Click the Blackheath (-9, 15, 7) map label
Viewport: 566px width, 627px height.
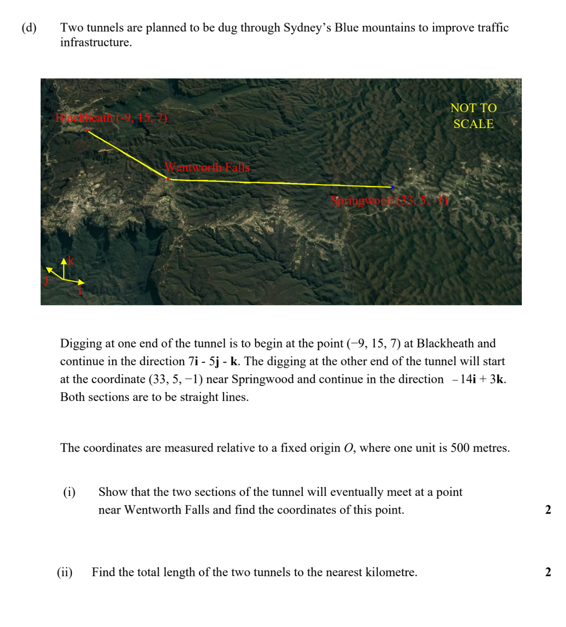pyautogui.click(x=111, y=118)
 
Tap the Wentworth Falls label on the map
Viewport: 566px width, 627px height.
pyautogui.click(x=207, y=167)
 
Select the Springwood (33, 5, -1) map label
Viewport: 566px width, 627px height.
pyautogui.click(x=389, y=200)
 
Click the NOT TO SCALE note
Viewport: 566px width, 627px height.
pyautogui.click(x=473, y=116)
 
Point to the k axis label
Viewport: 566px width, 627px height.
pyautogui.click(x=71, y=261)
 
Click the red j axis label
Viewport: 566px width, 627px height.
pyautogui.click(x=46, y=280)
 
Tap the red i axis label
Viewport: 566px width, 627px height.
pyautogui.click(x=80, y=291)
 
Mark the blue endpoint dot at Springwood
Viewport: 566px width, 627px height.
pyautogui.click(x=392, y=187)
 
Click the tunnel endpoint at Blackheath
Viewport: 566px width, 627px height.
pyautogui.click(x=87, y=130)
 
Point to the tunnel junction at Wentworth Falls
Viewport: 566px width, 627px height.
pyautogui.click(x=168, y=179)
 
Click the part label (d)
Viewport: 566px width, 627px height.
pyautogui.click(x=29, y=27)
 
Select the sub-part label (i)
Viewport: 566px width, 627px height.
pyautogui.click(x=69, y=492)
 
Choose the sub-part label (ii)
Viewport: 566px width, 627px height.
pyautogui.click(x=64, y=572)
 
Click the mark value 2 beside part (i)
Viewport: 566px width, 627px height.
pyautogui.click(x=548, y=510)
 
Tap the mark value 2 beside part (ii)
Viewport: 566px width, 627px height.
pyautogui.click(x=548, y=572)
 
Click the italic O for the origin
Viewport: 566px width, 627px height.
pyautogui.click(x=348, y=448)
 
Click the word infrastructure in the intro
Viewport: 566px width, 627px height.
pyautogui.click(x=96, y=42)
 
